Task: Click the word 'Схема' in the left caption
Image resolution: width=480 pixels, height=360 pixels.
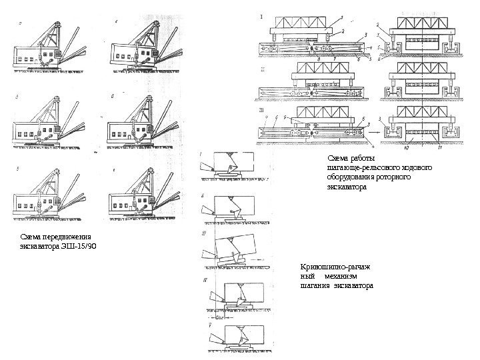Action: (29, 237)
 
